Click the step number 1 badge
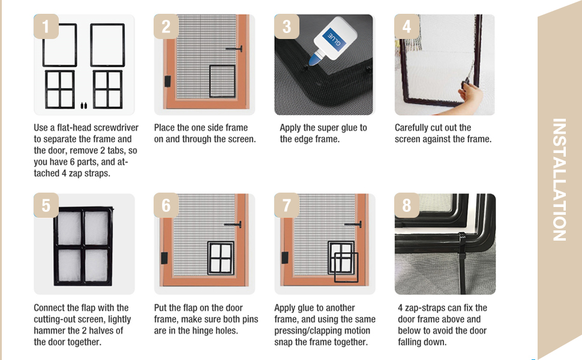[46, 26]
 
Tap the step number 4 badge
[407, 26]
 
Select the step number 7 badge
[287, 205]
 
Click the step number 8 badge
[407, 205]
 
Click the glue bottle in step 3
[333, 41]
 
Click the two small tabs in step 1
[84, 106]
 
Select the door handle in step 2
[234, 49]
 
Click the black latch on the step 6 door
[164, 258]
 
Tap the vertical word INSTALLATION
[559, 179]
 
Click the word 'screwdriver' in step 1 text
[116, 128]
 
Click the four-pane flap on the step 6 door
[221, 258]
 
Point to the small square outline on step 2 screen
[223, 81]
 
